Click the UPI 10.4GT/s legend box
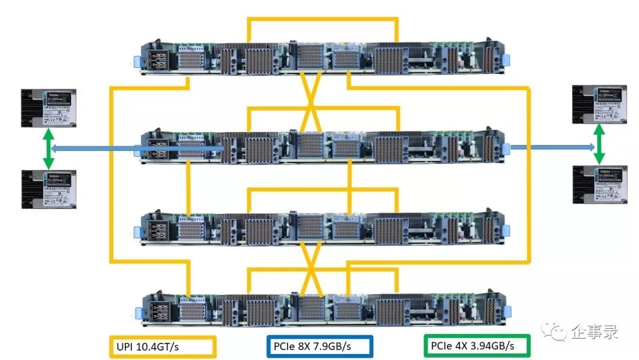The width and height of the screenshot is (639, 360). click(x=163, y=346)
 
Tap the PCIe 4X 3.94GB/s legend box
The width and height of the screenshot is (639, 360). click(x=477, y=346)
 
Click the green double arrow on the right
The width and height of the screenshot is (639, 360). click(x=599, y=145)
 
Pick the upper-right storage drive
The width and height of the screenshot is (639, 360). click(x=599, y=104)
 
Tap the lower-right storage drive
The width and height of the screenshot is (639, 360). click(x=599, y=184)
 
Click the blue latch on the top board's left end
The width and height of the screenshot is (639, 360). click(x=138, y=61)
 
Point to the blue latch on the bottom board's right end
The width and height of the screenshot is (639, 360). click(x=508, y=310)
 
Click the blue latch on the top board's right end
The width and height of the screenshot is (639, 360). click(x=508, y=60)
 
